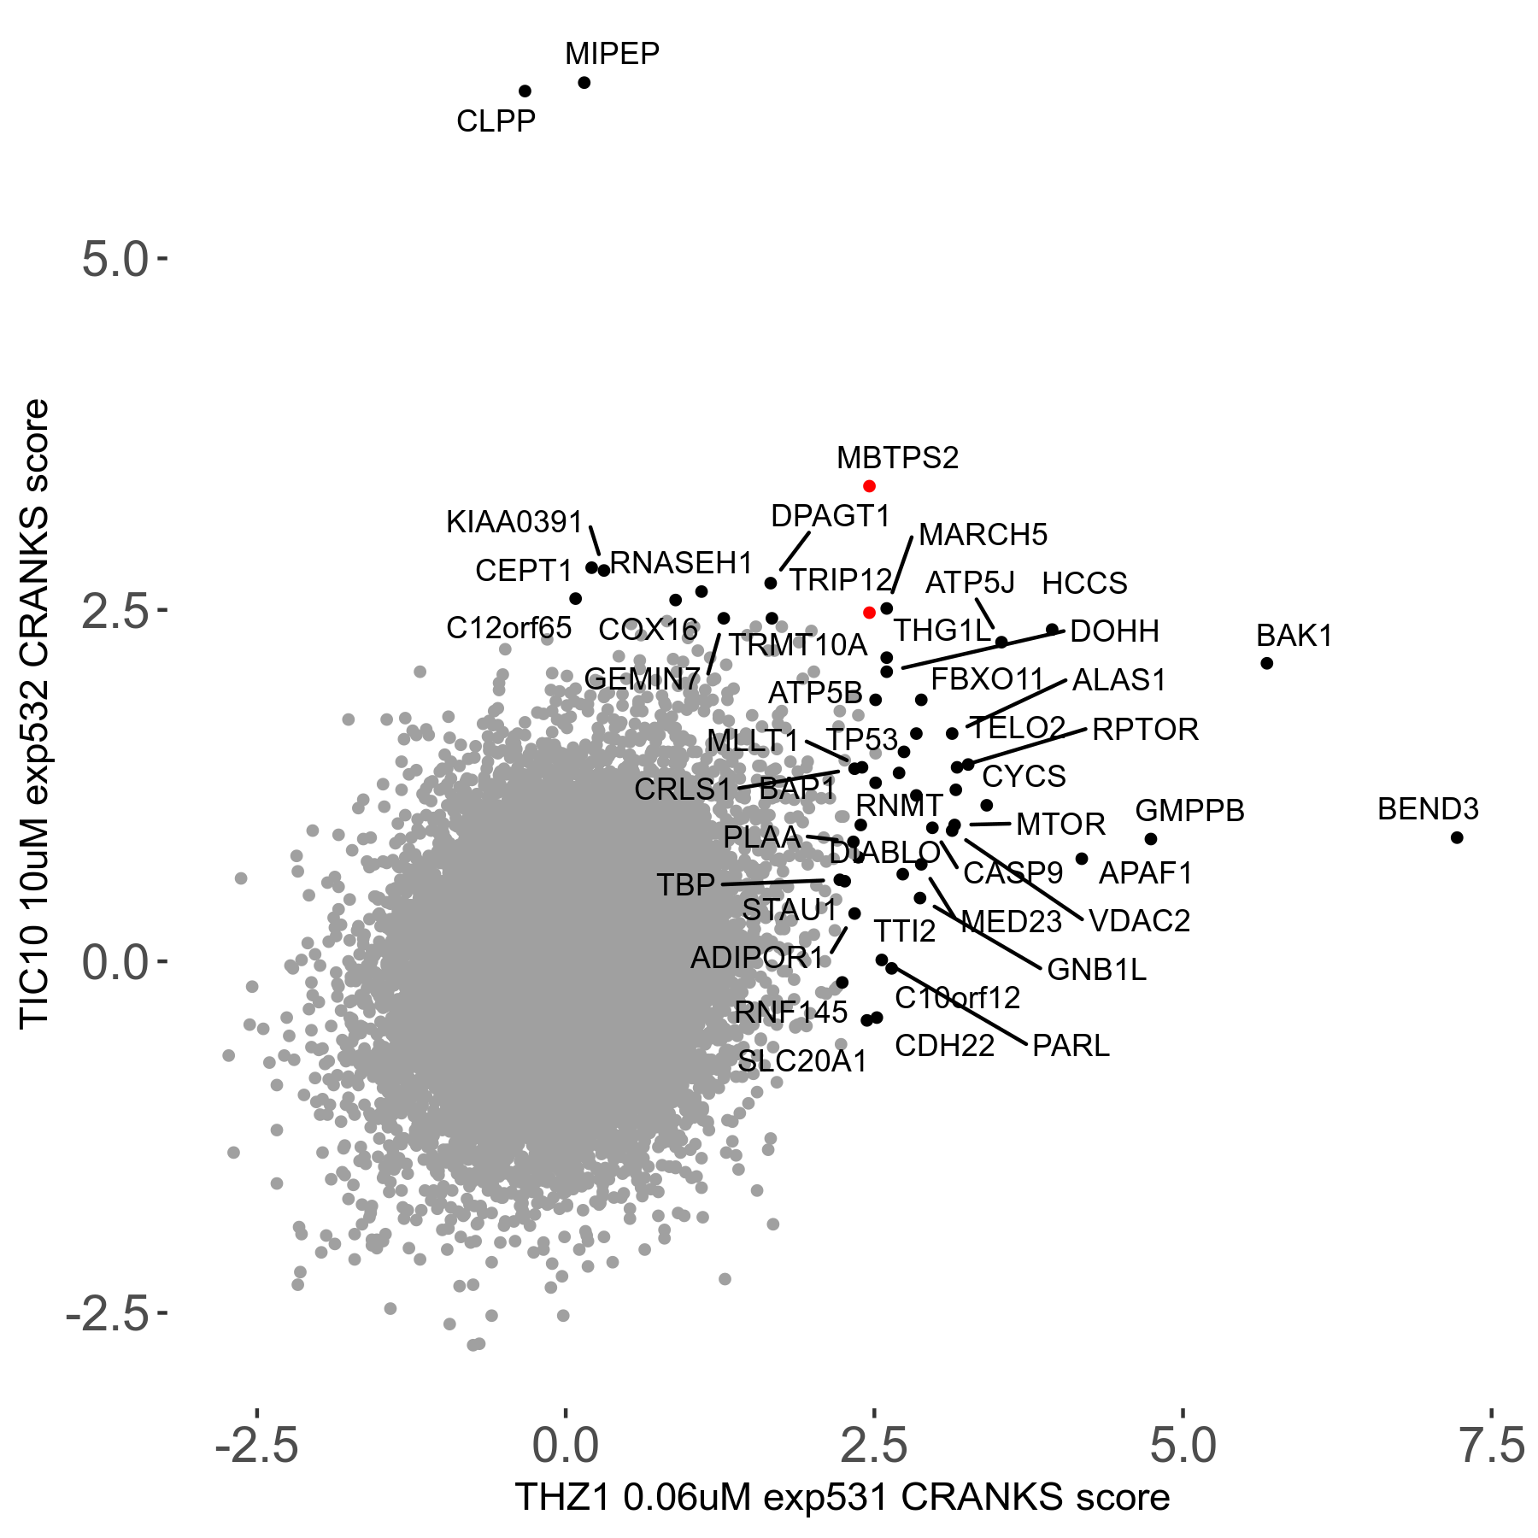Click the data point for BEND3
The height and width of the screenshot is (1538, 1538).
pyautogui.click(x=1457, y=837)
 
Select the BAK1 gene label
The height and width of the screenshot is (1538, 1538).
pyautogui.click(x=1294, y=636)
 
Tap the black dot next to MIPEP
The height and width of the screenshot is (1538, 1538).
pyautogui.click(x=584, y=83)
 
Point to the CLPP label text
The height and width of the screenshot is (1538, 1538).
pyautogui.click(x=496, y=121)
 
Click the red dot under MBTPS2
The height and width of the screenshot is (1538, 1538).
pyautogui.click(x=869, y=486)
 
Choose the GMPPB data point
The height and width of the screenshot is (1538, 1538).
pyautogui.click(x=1151, y=839)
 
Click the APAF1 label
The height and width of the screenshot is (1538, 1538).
pyautogui.click(x=1145, y=873)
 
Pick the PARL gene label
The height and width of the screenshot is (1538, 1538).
pyautogui.click(x=1071, y=1046)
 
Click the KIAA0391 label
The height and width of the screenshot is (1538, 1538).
pyautogui.click(x=514, y=522)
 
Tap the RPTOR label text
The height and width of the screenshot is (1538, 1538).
pyautogui.click(x=1145, y=730)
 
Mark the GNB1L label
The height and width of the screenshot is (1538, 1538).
pyautogui.click(x=1096, y=970)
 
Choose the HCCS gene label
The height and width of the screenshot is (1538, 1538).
pyautogui.click(x=1084, y=584)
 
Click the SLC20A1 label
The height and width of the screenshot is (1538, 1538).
pyautogui.click(x=802, y=1061)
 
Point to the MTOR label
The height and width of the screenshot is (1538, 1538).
pyautogui.click(x=1060, y=825)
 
